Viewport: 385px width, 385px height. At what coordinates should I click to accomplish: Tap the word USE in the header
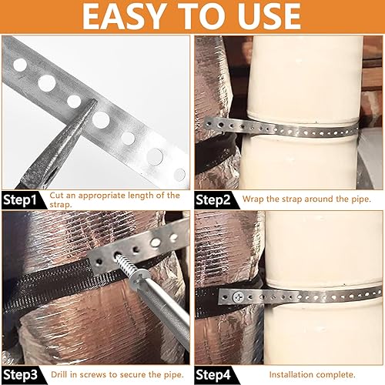[269, 16]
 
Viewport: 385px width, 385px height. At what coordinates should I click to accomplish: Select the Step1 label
[20, 200]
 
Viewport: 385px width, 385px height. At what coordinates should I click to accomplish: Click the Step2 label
[213, 200]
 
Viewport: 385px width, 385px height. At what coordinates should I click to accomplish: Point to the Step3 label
[20, 375]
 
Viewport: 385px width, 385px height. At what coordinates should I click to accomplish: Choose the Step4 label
[213, 375]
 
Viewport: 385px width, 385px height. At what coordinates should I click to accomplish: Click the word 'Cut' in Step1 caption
[56, 196]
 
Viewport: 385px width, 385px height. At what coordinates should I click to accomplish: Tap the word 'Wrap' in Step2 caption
[253, 199]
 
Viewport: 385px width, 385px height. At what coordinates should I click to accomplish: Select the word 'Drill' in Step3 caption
[60, 374]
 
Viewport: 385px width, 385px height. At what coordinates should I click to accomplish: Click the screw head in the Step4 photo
[239, 297]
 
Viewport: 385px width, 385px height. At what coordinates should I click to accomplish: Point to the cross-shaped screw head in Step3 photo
[138, 279]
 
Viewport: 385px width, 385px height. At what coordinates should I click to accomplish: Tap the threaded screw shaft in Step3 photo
[122, 263]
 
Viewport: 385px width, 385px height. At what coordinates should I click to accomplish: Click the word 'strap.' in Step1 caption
[61, 205]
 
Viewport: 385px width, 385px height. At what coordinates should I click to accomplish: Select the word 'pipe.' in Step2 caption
[361, 199]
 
